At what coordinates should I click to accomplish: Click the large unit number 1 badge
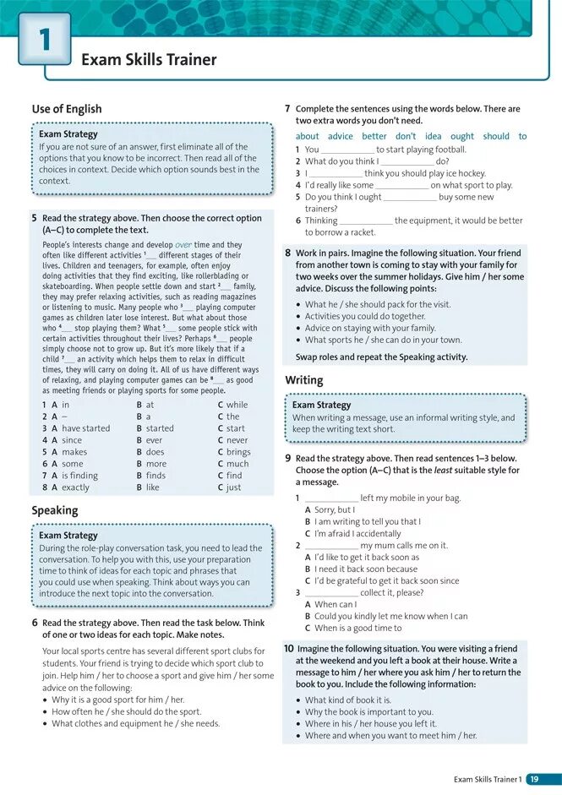pyautogui.click(x=44, y=40)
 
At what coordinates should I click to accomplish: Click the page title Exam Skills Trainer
pyautogui.click(x=149, y=60)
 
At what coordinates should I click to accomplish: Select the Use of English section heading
pyautogui.click(x=67, y=109)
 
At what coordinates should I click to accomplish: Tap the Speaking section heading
pyautogui.click(x=55, y=510)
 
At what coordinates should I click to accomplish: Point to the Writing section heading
pyautogui.click(x=303, y=380)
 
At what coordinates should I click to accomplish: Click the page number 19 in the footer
pyautogui.click(x=534, y=779)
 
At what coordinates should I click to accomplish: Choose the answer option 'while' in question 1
pyautogui.click(x=237, y=405)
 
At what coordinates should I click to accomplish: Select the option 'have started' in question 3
pyautogui.click(x=85, y=428)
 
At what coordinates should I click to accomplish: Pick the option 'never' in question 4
pyautogui.click(x=237, y=440)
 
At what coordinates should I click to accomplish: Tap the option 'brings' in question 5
pyautogui.click(x=238, y=452)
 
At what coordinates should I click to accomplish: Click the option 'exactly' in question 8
pyautogui.click(x=75, y=487)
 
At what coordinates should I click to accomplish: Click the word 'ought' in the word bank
pyautogui.click(x=462, y=136)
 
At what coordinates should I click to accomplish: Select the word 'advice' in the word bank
pyautogui.click(x=341, y=136)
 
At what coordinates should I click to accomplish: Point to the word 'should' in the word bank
pyautogui.click(x=496, y=136)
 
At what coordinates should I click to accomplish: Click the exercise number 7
pyautogui.click(x=287, y=109)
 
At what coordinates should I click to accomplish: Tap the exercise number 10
pyautogui.click(x=289, y=649)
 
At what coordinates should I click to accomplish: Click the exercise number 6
pyautogui.click(x=34, y=623)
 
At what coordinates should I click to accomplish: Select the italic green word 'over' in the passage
pyautogui.click(x=184, y=245)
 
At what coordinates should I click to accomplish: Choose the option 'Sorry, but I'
pyautogui.click(x=334, y=510)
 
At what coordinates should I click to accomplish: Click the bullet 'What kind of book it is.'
pyautogui.click(x=347, y=700)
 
